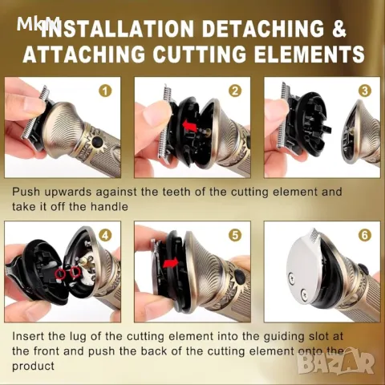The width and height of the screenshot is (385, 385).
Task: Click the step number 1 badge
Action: (105, 91)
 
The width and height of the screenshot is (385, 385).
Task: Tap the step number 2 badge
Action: (235, 91)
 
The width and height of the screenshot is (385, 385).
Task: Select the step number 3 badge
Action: (365, 91)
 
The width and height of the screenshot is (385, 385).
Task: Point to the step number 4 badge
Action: (105, 235)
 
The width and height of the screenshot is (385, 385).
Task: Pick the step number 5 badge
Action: (235, 235)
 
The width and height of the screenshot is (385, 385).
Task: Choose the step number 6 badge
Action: (365, 235)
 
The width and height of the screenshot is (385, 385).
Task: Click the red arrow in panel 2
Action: (191, 125)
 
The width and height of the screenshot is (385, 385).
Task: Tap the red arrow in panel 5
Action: (171, 263)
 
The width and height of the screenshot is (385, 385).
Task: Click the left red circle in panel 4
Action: (60, 274)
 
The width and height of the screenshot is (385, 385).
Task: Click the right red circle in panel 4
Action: (75, 272)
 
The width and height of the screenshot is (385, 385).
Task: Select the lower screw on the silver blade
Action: (303, 294)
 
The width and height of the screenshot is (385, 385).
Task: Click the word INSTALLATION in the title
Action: (117, 27)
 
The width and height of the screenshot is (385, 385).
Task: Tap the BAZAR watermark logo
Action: (336, 361)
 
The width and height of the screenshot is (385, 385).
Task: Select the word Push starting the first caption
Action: (26, 192)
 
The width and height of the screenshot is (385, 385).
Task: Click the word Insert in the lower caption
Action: (28, 336)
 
